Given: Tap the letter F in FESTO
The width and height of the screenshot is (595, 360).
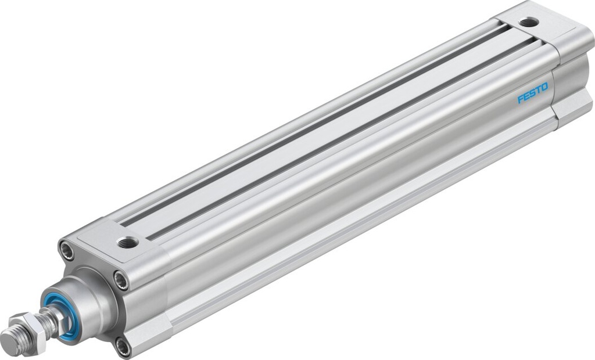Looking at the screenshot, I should pyautogui.click(x=521, y=98).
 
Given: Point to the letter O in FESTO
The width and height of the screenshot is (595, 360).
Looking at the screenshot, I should pyautogui.click(x=544, y=87).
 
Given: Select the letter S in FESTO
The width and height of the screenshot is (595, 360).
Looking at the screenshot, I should pyautogui.click(x=532, y=92).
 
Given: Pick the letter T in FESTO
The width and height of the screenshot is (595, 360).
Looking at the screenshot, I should pyautogui.click(x=538, y=89).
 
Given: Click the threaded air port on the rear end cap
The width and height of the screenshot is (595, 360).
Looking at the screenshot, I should pyautogui.click(x=528, y=23).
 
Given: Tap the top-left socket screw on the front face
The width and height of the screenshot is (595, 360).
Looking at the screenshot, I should pyautogui.click(x=66, y=250).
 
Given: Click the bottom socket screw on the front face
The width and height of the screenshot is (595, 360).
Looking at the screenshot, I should pyautogui.click(x=123, y=347).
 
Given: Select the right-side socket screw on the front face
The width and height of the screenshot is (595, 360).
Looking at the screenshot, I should pyautogui.click(x=121, y=280).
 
